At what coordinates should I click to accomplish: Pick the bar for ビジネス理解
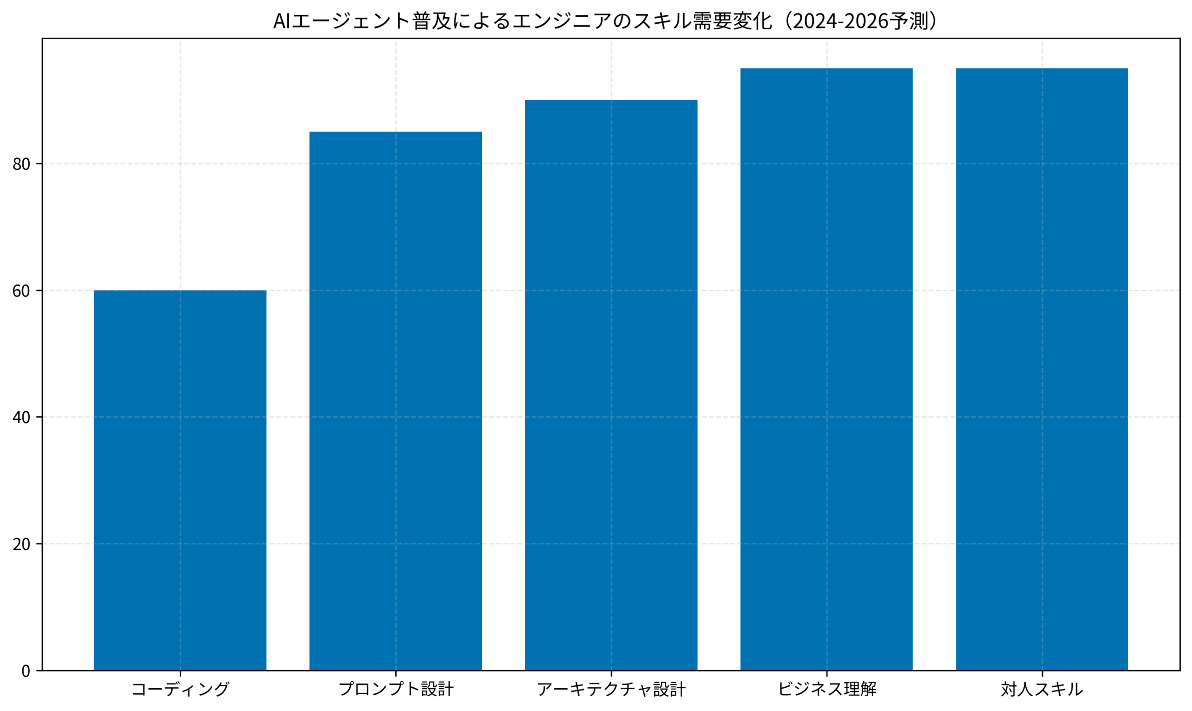pyautogui.click(x=826, y=369)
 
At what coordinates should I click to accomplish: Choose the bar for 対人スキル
pyautogui.click(x=1042, y=369)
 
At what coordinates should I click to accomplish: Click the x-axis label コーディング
pyautogui.click(x=180, y=690)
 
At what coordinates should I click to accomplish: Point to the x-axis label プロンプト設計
pyautogui.click(x=396, y=690)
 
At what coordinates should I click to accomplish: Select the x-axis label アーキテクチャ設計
pyautogui.click(x=611, y=690)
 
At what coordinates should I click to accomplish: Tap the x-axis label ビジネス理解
pyautogui.click(x=826, y=690)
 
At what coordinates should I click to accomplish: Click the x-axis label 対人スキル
pyautogui.click(x=1042, y=690)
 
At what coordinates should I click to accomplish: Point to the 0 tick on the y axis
pyautogui.click(x=26, y=671)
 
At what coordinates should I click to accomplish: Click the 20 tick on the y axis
pyautogui.click(x=21, y=544)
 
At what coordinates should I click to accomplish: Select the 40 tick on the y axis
pyautogui.click(x=21, y=417)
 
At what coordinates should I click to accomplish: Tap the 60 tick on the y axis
pyautogui.click(x=21, y=291)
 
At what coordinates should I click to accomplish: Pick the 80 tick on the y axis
pyautogui.click(x=21, y=164)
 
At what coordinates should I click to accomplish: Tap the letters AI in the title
pyautogui.click(x=282, y=21)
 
